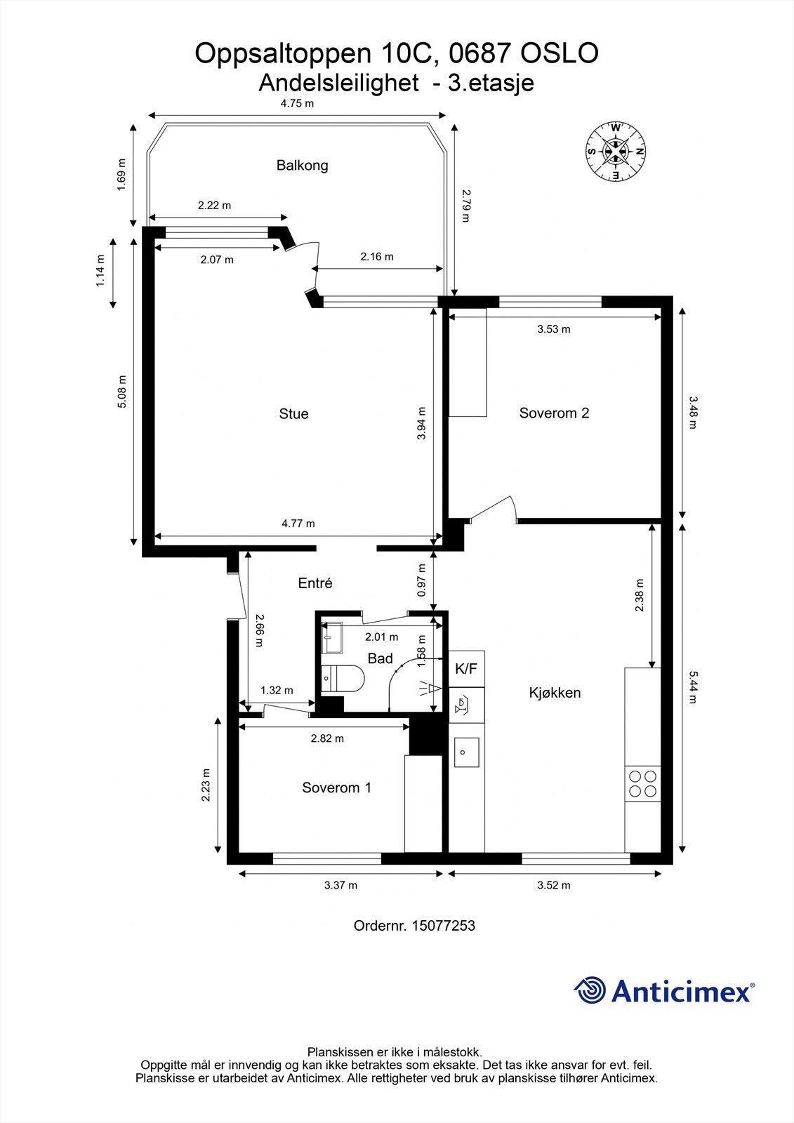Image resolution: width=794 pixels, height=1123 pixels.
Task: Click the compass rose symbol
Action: [x=616, y=152]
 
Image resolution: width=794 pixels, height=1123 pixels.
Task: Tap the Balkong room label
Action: [x=302, y=166]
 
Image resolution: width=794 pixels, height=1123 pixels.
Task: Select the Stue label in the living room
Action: [x=293, y=413]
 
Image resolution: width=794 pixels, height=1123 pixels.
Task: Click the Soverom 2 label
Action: [x=554, y=413]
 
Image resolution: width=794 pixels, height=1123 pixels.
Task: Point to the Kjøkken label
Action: [x=555, y=693]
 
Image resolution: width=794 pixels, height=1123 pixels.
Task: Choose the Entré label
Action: [x=315, y=583]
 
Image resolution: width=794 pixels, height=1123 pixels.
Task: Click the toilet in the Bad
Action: [x=343, y=679]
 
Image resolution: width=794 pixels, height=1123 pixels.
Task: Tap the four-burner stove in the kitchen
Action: [x=642, y=783]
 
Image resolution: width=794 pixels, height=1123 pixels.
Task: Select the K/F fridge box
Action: [x=466, y=669]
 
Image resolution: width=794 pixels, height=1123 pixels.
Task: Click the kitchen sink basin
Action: [x=466, y=752]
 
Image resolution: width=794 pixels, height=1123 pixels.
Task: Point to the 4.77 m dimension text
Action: [x=298, y=524]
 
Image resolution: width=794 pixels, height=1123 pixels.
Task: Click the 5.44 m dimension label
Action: [x=692, y=687]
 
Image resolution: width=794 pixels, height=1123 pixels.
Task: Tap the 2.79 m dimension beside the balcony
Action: [x=465, y=206]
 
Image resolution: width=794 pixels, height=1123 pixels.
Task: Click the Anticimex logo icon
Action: [x=590, y=990]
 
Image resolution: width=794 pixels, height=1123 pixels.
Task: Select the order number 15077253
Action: [x=444, y=926]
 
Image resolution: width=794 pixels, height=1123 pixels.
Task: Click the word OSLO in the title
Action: [x=560, y=53]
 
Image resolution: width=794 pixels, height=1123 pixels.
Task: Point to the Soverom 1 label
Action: [x=336, y=788]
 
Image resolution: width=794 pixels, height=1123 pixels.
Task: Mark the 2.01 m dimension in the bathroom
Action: [x=382, y=637]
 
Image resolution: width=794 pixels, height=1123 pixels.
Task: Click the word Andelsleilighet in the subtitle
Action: [x=338, y=83]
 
